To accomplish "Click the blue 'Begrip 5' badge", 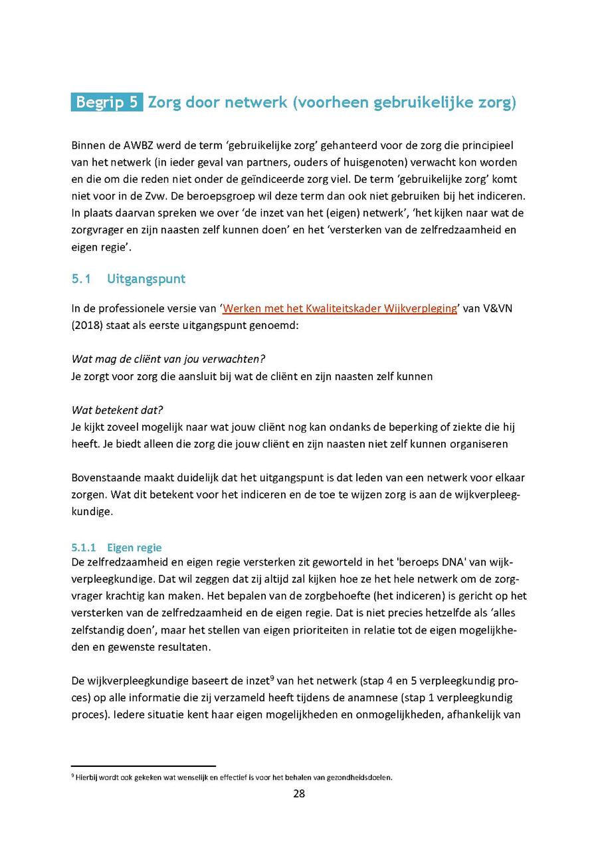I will pos(106,102).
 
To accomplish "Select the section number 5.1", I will pos(80,279).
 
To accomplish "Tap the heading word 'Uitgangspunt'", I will pos(146,279).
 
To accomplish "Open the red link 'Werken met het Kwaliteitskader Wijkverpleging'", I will pos(340,308).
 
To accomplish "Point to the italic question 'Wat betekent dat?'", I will pos(118,410).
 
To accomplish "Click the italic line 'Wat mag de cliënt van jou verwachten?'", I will pos(168,359).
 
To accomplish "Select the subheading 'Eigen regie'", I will pos(134,548).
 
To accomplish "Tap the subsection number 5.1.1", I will pos(84,548).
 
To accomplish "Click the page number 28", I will pos(299,793).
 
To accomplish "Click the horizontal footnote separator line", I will pos(144,766).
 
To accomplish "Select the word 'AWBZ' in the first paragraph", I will pos(138,145).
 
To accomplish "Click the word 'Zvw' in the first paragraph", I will pos(158,197).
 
